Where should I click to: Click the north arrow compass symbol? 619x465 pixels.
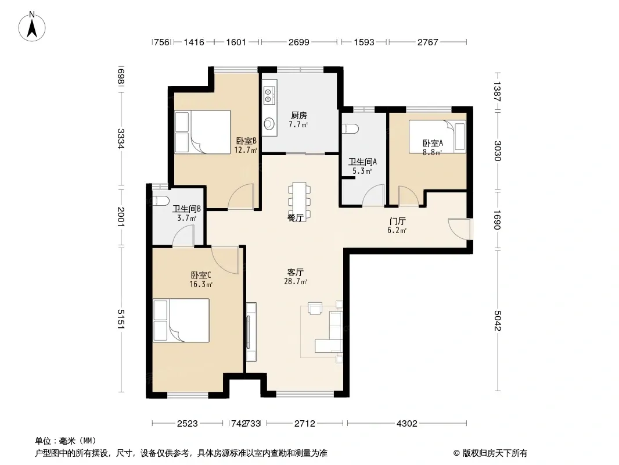(x=32, y=27)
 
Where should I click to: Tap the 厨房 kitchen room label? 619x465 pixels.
(x=299, y=115)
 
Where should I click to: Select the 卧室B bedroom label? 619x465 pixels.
(x=246, y=141)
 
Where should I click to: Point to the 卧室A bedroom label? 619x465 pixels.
(x=433, y=144)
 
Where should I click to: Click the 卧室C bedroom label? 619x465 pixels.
(x=201, y=275)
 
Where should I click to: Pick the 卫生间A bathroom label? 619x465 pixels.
(x=362, y=162)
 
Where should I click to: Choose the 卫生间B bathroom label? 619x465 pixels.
(x=187, y=208)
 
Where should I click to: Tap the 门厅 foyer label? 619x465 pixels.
(x=397, y=221)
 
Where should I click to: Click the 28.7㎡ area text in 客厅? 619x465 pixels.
(x=296, y=282)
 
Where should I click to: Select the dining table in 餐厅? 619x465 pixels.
(x=299, y=201)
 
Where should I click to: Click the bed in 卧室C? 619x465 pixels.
(x=181, y=320)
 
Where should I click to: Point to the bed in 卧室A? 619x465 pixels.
(x=437, y=136)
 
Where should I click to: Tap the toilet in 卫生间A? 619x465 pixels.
(x=351, y=129)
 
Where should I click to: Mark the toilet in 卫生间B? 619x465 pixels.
(x=161, y=201)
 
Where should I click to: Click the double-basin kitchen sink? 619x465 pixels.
(x=269, y=95)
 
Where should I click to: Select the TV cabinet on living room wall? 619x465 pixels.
(x=251, y=332)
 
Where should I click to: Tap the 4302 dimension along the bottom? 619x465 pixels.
(x=406, y=424)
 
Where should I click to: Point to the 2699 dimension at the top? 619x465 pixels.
(x=299, y=42)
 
